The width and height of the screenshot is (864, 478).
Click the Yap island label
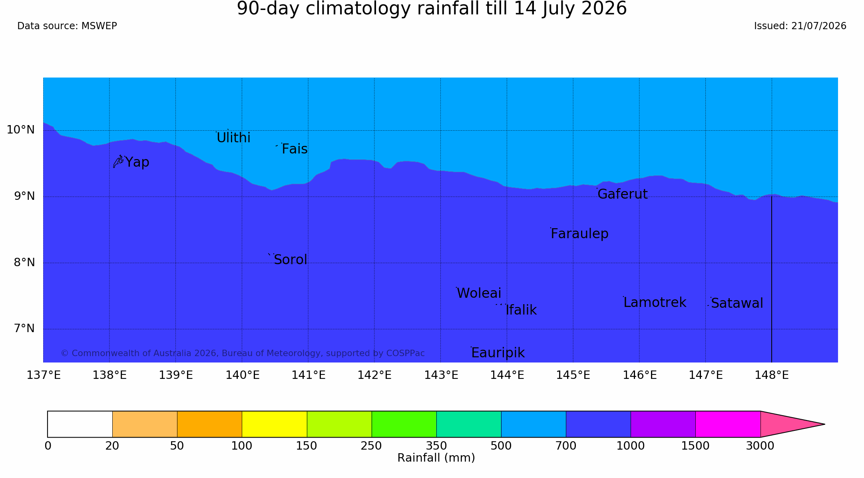[137, 162]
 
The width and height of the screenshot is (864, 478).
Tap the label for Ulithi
[233, 137]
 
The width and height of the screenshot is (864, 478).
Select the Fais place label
[295, 149]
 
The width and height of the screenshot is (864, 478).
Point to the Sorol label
[291, 260]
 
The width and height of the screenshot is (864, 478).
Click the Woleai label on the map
[479, 293]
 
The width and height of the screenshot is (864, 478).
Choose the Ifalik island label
[521, 310]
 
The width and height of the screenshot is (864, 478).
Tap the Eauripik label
[498, 353]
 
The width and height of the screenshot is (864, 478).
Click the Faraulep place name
[579, 234]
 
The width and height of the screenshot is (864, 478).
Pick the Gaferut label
[623, 194]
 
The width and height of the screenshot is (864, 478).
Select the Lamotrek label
[655, 303]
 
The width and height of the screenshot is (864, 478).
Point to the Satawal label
[737, 303]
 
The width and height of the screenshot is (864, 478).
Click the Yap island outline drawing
[118, 161]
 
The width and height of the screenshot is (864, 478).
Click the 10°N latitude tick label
[21, 130]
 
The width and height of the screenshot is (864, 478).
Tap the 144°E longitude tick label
[507, 375]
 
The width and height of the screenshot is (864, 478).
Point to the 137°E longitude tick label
[44, 375]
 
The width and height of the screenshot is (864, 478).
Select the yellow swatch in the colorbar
[275, 424]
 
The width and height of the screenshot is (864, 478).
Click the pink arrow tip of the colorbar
[824, 424]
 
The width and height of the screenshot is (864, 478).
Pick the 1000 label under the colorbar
[631, 446]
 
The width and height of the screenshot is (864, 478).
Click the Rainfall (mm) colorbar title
[436, 458]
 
